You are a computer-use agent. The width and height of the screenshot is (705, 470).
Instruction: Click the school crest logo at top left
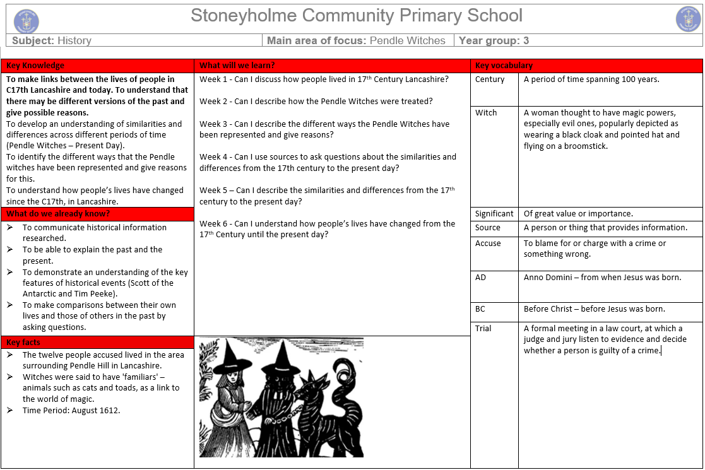coord(26,20)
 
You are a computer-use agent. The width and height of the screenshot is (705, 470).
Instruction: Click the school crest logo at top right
coord(688,18)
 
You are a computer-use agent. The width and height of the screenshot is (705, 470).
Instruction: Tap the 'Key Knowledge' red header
coord(35,66)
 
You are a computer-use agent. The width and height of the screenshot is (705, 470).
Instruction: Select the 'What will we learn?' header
coord(237,66)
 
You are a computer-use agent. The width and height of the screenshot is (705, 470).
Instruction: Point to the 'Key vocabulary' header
coord(504,66)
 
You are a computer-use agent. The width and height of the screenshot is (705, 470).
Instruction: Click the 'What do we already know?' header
coord(58,214)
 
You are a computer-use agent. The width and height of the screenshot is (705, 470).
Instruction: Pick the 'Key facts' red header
coord(23,343)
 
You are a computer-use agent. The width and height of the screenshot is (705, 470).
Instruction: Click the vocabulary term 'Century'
coord(490,79)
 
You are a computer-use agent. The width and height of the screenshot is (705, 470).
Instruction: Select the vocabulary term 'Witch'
coord(486,113)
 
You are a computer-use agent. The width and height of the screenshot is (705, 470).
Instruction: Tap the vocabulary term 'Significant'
coord(494,214)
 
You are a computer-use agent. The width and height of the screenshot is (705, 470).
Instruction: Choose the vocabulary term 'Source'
coord(488,228)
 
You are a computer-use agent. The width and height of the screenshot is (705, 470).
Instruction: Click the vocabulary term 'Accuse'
coord(488,244)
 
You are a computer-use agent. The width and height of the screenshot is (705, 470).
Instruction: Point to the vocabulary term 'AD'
coord(481,278)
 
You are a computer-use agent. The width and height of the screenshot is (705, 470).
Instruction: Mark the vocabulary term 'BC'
coord(481,309)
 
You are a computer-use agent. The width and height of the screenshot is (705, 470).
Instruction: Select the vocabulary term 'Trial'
coord(483,329)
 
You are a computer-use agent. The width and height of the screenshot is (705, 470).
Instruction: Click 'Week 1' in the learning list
coord(213,79)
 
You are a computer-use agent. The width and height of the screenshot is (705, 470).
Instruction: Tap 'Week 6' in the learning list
coord(213,224)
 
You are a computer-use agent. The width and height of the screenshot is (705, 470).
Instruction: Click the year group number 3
coord(526,40)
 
